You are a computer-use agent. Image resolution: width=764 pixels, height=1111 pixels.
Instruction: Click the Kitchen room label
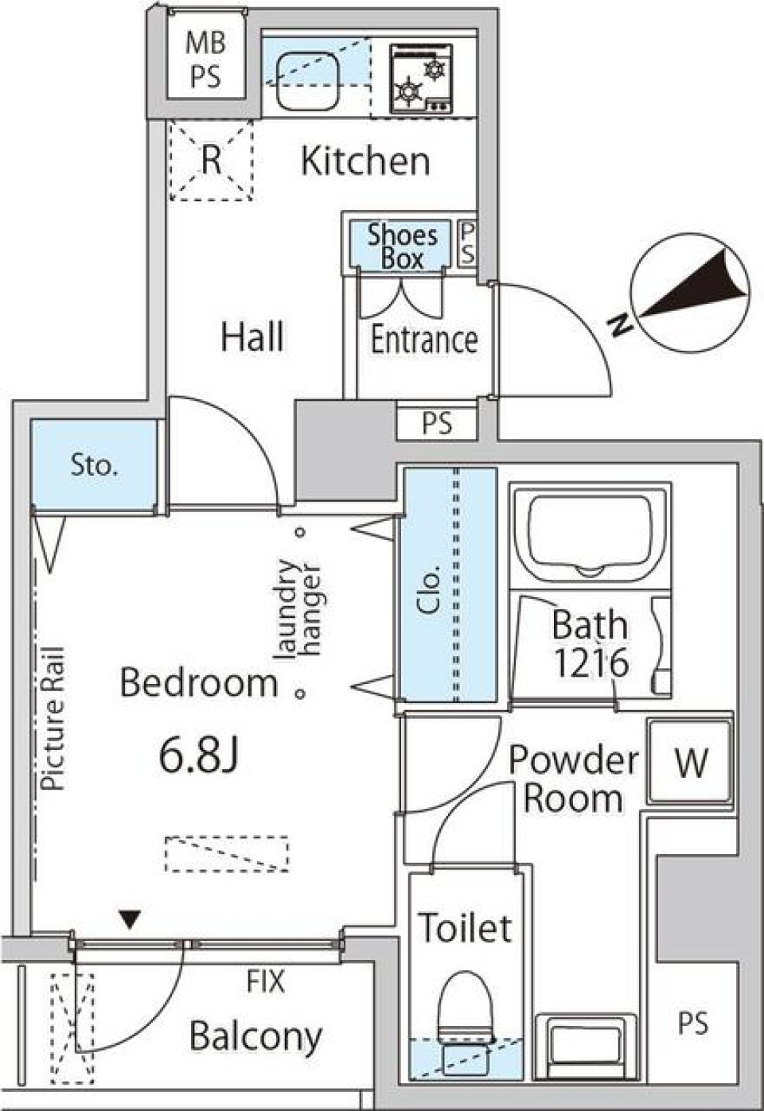tap(365, 161)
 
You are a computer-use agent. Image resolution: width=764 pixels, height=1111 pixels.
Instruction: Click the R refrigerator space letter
tap(210, 161)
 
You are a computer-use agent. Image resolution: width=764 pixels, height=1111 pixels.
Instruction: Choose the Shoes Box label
tap(402, 247)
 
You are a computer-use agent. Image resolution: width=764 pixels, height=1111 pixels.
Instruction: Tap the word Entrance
tap(424, 340)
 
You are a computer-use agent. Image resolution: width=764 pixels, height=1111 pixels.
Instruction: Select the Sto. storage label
tap(94, 464)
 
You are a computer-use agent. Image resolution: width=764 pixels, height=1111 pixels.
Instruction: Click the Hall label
tap(252, 337)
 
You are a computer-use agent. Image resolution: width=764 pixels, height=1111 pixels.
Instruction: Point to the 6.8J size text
tap(199, 756)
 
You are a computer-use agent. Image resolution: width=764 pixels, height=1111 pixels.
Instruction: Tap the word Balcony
tap(256, 1036)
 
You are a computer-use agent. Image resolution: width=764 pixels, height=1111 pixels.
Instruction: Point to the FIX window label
tap(265, 983)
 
